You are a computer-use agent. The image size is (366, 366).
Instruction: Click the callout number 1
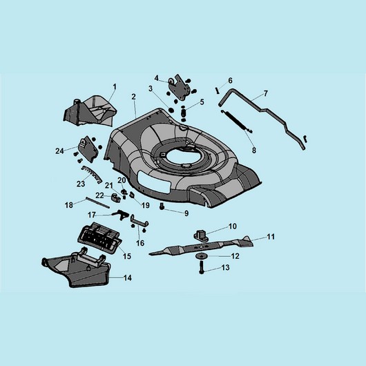pos(115,87)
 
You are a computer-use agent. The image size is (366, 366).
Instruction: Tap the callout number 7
pos(266,94)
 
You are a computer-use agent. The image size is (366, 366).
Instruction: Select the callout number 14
pos(128,278)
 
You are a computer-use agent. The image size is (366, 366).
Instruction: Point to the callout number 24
pos(59,151)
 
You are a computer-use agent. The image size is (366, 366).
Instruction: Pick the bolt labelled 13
pos(202,267)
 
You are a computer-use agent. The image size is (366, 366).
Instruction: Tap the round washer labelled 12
pos(200,256)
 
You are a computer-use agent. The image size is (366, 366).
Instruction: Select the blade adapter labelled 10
pos(201,235)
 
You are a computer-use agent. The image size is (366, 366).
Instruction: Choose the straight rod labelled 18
pos(97,202)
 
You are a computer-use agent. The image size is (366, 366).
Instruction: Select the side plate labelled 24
pos(88,148)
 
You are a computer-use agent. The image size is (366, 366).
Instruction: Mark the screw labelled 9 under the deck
pos(162,206)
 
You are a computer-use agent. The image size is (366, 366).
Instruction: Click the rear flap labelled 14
pos(77,269)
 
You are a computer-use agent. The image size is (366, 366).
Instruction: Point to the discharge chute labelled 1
pos(90,110)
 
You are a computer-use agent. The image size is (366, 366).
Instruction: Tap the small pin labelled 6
pos(218,90)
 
